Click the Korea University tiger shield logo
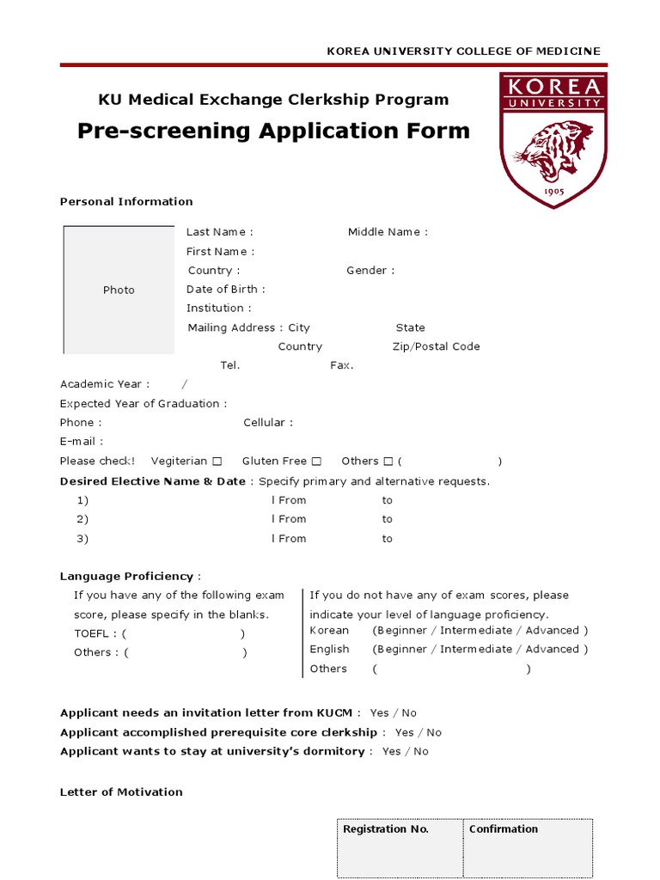pos(553,140)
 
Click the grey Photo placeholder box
pos(119,290)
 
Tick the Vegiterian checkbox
pos(217,461)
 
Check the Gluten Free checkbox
pos(316,461)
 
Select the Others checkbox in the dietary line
pos(388,461)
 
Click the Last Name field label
pos(219,232)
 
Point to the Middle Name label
pos(387,232)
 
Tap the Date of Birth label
pos(225,290)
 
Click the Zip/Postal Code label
pos(436,347)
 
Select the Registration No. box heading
pos(385,829)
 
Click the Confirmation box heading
pos(504,829)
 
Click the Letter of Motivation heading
pos(121,792)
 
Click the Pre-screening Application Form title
pos(273,131)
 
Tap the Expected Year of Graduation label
pos(144,404)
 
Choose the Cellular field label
pos(267,423)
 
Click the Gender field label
pos(370,271)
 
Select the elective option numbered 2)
pos(82,519)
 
